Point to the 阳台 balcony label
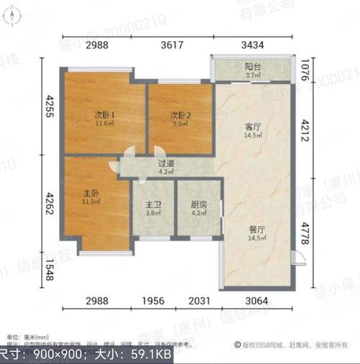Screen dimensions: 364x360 pyautogui.click(x=252, y=65)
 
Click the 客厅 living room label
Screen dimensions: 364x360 pyautogui.click(x=251, y=127)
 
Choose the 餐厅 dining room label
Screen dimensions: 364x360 pyautogui.click(x=257, y=229)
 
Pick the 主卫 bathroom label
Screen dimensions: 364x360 pyautogui.click(x=153, y=204)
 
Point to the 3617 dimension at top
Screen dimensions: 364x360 pyautogui.click(x=171, y=45)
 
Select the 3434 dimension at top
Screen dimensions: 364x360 pyautogui.click(x=252, y=45)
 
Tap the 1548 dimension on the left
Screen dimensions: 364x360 pyautogui.click(x=49, y=273)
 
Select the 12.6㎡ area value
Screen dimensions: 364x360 pyautogui.click(x=105, y=123)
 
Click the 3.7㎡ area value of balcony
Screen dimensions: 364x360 pyautogui.click(x=252, y=75)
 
